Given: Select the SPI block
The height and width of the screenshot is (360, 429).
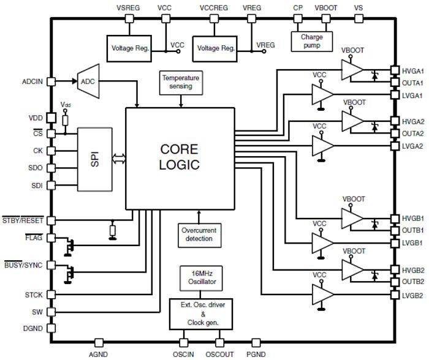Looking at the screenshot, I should pyautogui.click(x=94, y=159).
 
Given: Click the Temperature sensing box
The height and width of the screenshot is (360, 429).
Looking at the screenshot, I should pyautogui.click(x=180, y=82).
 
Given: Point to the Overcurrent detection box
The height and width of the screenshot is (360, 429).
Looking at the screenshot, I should pyautogui.click(x=199, y=234).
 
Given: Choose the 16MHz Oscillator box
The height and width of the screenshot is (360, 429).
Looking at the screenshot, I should pyautogui.click(x=199, y=279).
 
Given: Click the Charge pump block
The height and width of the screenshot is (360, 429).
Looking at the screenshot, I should pyautogui.click(x=311, y=41).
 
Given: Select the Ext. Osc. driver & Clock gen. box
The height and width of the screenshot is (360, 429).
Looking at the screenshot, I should pyautogui.click(x=199, y=314).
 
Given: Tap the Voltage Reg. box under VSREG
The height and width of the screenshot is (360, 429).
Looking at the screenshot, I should pyautogui.click(x=129, y=48).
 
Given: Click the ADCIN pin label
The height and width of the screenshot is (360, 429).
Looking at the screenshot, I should pyautogui.click(x=32, y=81).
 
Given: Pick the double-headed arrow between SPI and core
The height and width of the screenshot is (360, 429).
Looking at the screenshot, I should pyautogui.click(x=118, y=159).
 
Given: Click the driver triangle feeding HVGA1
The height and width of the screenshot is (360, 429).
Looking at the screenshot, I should pyautogui.click(x=352, y=70).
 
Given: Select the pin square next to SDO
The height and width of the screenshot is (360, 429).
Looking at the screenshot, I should pyautogui.click(x=51, y=167).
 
